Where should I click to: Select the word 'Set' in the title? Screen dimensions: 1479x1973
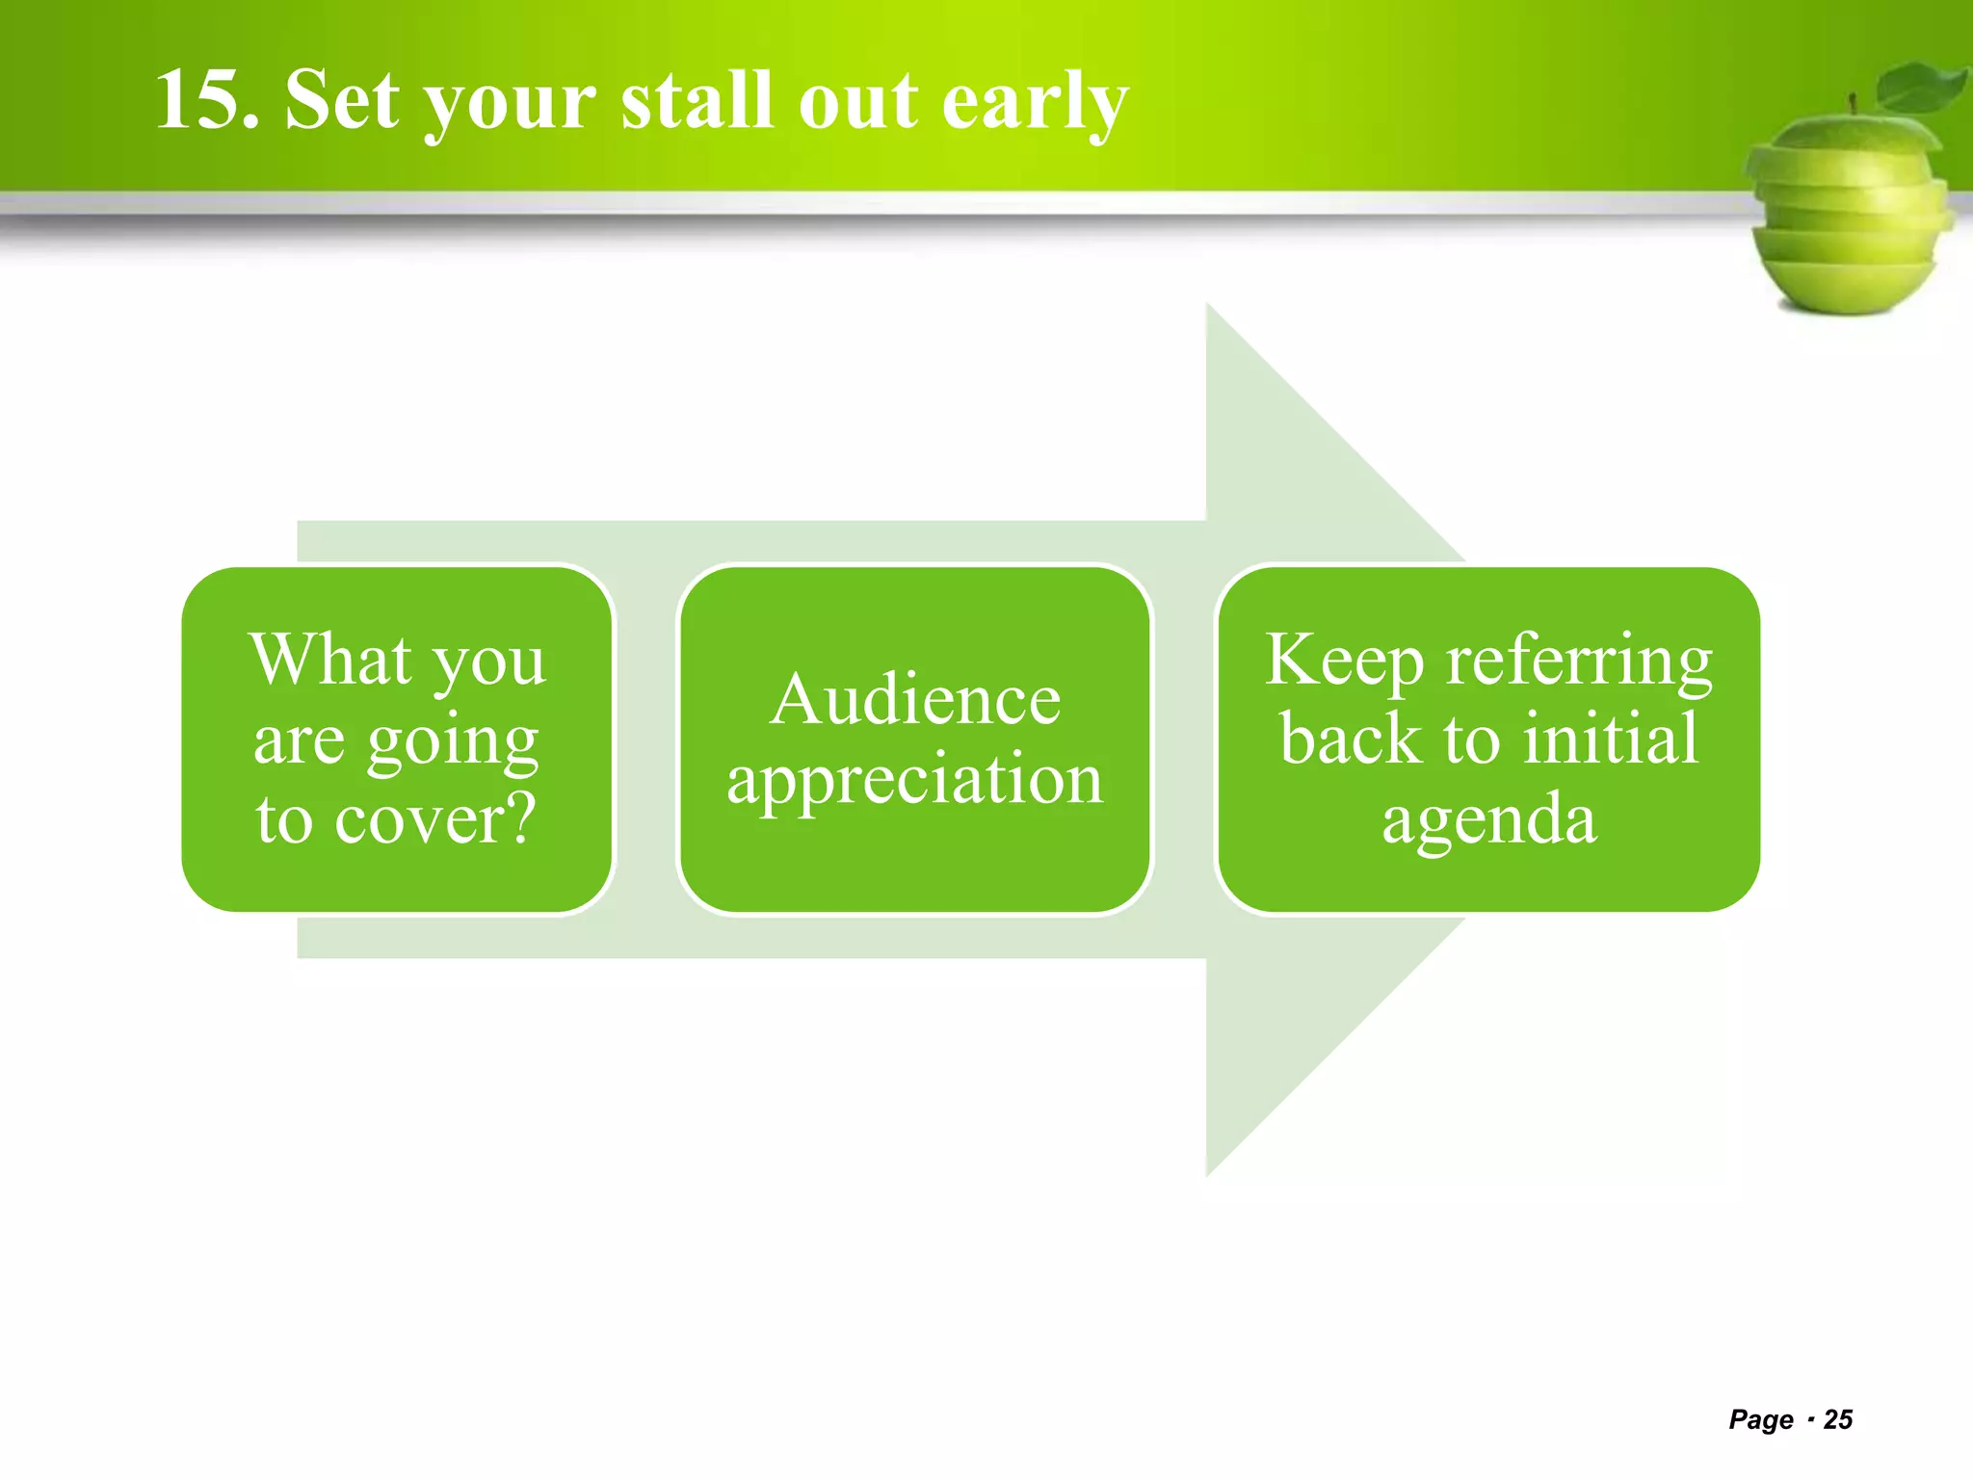pyautogui.click(x=342, y=100)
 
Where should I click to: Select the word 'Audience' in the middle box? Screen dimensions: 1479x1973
pyautogui.click(x=915, y=700)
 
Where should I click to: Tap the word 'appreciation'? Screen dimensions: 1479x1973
pyautogui.click(x=915, y=781)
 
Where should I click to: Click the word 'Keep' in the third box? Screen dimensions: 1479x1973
pyautogui.click(x=1344, y=662)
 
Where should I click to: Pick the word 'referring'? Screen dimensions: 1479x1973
pyautogui.click(x=1580, y=662)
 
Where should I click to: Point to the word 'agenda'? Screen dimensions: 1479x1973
pyautogui.click(x=1489, y=820)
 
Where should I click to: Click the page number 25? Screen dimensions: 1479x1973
pyautogui.click(x=1838, y=1419)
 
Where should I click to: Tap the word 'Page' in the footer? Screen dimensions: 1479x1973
pyautogui.click(x=1761, y=1419)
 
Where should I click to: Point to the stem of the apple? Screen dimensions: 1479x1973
pyautogui.click(x=1852, y=103)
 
